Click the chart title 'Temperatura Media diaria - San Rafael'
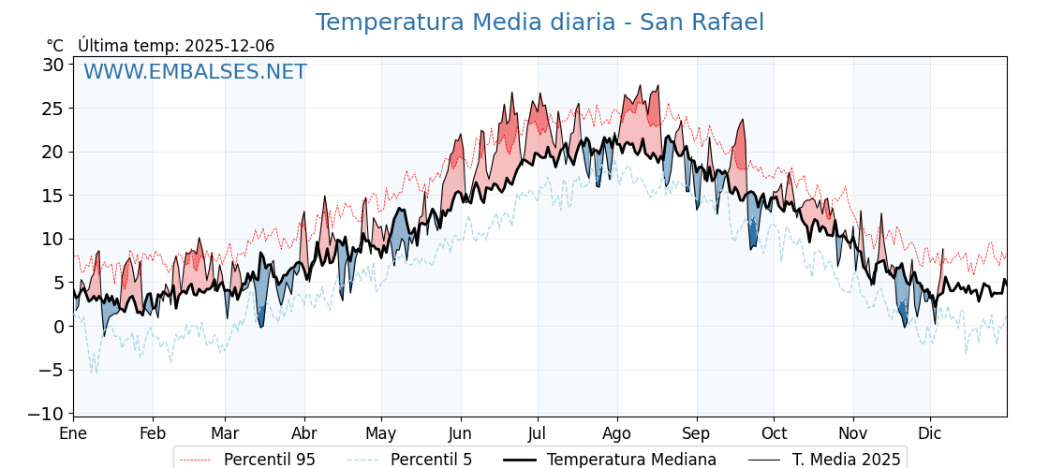click(x=539, y=22)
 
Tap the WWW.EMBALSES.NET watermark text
click(x=195, y=72)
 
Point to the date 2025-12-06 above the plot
click(x=229, y=46)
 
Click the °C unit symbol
click(x=55, y=46)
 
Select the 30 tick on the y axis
click(x=52, y=65)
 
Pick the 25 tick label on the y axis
click(x=52, y=109)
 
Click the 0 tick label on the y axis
click(x=58, y=327)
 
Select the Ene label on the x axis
click(x=73, y=433)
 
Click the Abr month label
click(x=304, y=433)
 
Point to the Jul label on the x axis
click(x=538, y=433)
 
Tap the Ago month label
click(x=617, y=433)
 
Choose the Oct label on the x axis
click(x=774, y=433)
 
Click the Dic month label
click(x=930, y=433)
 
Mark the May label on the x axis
click(x=381, y=433)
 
